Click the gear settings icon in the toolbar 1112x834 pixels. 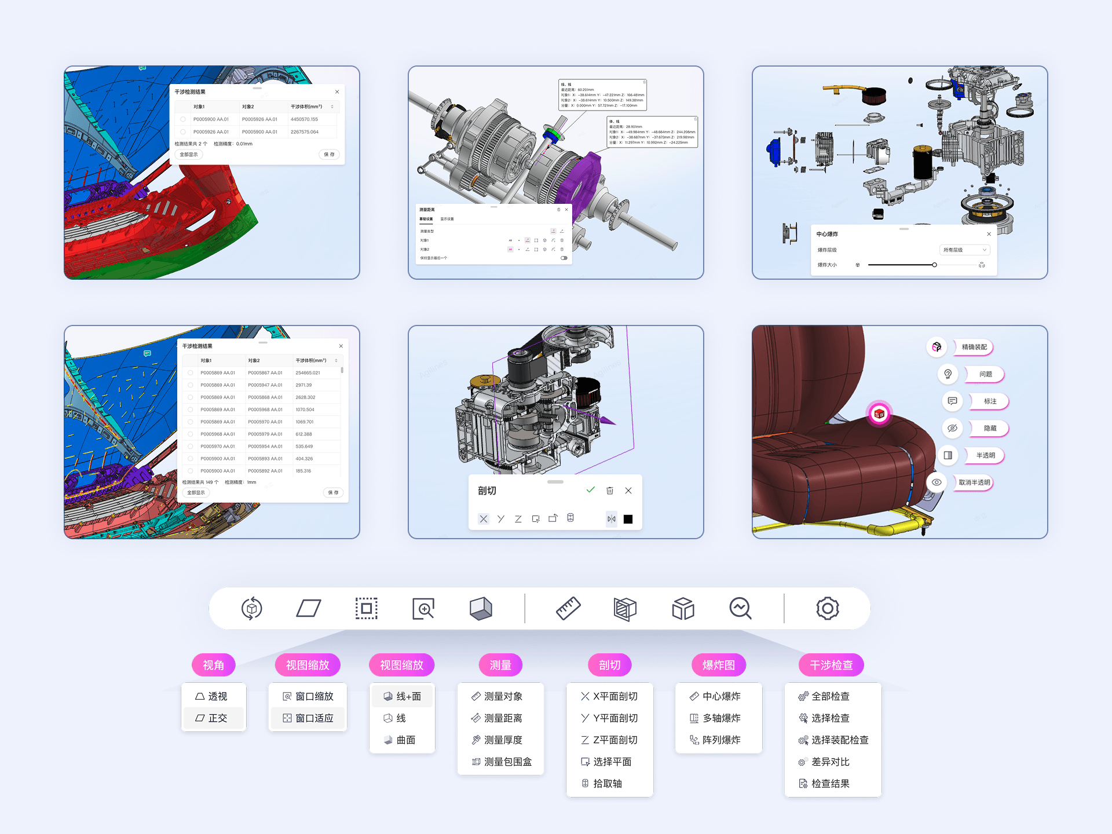(828, 609)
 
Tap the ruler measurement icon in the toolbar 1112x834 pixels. (568, 609)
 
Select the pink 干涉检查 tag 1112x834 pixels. (831, 665)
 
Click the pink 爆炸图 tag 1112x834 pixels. (718, 665)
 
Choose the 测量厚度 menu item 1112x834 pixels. (502, 740)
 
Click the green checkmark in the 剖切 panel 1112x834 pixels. (591, 490)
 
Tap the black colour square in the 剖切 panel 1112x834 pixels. (628, 519)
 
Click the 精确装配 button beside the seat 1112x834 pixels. (974, 347)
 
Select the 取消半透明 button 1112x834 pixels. (974, 482)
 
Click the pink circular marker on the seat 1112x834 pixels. (879, 414)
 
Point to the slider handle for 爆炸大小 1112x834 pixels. (934, 265)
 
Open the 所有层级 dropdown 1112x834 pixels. (964, 250)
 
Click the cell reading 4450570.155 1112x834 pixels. (304, 119)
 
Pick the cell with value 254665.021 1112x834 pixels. (308, 373)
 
